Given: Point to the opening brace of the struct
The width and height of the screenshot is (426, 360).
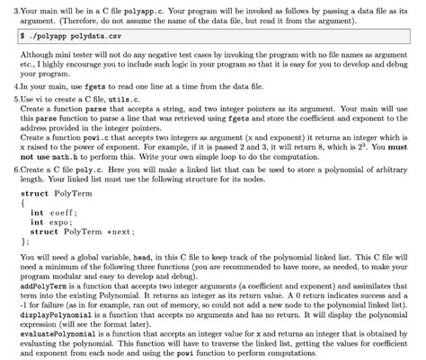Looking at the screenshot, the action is (22, 203).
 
